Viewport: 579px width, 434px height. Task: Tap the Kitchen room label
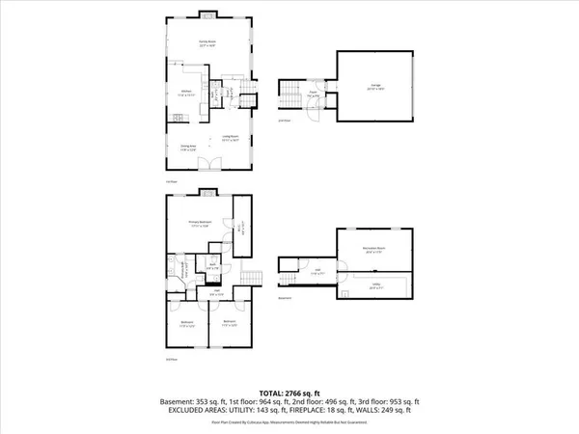pyautogui.click(x=183, y=93)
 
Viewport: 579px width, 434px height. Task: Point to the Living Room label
pyautogui.click(x=231, y=138)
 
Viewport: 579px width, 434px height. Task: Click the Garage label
pyautogui.click(x=373, y=87)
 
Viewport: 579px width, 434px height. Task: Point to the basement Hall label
pyautogui.click(x=319, y=273)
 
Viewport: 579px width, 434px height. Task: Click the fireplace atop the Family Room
pyautogui.click(x=207, y=14)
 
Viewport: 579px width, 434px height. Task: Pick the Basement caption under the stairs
pyautogui.click(x=285, y=298)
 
